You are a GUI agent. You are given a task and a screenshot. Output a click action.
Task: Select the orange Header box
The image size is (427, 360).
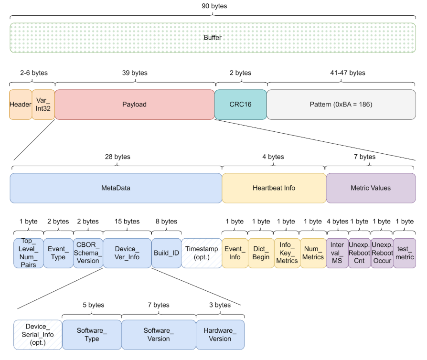coord(20,105)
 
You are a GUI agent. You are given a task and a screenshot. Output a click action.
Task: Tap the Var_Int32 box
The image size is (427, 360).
coord(43,105)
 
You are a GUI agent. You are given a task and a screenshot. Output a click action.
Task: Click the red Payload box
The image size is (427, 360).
coord(135,105)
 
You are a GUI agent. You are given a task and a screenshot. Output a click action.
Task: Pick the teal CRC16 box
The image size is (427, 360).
coord(240,105)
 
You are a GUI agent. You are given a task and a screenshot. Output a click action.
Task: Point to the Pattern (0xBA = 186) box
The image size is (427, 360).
coord(341,105)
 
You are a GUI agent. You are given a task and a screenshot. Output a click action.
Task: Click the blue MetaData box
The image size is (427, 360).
coord(116,188)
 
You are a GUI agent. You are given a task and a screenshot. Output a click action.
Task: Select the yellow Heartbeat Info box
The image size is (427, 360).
coord(274,188)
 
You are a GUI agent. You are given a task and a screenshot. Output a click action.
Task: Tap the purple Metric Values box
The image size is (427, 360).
coord(371,188)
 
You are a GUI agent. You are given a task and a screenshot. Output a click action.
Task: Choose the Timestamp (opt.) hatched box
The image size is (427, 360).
coord(202,253)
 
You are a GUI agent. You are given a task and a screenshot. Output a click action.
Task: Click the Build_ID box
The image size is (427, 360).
coord(166,253)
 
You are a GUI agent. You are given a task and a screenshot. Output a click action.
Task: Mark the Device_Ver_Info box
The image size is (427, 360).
coord(127,253)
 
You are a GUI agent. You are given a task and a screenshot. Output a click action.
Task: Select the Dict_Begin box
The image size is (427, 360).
coord(260,253)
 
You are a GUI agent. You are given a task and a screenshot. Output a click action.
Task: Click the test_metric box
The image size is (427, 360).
coord(405,253)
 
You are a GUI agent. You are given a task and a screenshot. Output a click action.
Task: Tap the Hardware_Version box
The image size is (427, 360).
coord(220,335)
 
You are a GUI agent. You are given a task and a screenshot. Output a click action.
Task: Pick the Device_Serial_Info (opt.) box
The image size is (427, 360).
coord(37,335)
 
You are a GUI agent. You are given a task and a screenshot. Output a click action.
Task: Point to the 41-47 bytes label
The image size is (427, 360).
coord(347,73)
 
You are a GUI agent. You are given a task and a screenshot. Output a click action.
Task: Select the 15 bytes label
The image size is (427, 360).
coord(127,222)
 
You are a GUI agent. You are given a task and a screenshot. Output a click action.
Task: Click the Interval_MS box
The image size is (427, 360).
coord(337,253)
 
